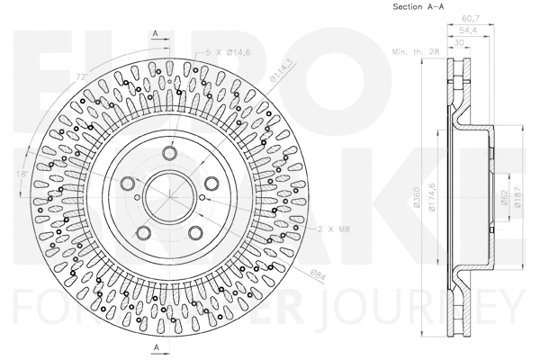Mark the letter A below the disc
[x=157, y=346]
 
